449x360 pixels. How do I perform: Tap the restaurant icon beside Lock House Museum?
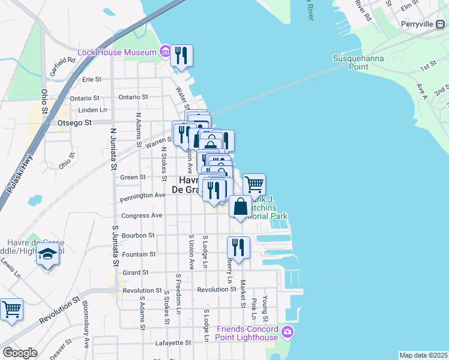[181, 55]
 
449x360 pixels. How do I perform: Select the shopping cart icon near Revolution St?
[11, 310]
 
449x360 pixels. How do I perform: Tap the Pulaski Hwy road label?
[19, 175]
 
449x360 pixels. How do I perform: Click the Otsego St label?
[74, 123]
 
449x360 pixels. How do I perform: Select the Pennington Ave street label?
[142, 196]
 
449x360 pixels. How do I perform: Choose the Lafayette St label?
[173, 343]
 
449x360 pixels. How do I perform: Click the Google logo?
[20, 353]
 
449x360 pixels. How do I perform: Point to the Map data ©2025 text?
[423, 355]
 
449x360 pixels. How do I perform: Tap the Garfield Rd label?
[62, 61]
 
